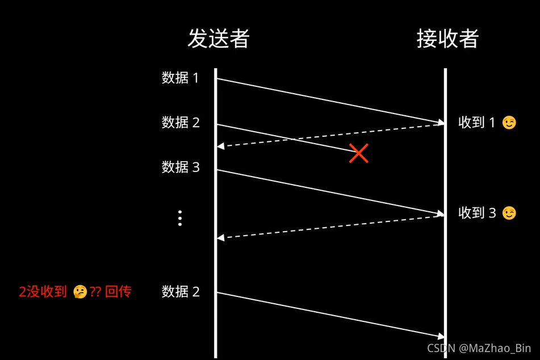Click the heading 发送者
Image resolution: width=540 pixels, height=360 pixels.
218,39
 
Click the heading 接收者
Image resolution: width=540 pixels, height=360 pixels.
447,39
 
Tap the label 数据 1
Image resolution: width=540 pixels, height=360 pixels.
180,78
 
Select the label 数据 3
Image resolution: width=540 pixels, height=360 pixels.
181,167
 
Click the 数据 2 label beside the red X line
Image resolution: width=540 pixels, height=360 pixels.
181,122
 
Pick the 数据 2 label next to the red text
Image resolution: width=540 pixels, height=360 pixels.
181,292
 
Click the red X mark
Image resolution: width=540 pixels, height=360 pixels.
359,153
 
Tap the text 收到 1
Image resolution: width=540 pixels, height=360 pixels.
477,123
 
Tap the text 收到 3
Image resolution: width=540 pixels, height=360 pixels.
477,213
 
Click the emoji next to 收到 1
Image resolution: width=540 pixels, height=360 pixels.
509,123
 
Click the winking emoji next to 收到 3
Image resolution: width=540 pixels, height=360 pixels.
509,213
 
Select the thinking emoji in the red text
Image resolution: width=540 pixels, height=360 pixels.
80,292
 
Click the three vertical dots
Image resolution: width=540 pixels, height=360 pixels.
180,218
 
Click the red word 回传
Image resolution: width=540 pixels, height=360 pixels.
119,292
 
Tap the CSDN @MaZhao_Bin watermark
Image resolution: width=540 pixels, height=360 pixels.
479,348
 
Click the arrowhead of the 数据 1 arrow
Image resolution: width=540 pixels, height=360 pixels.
441,123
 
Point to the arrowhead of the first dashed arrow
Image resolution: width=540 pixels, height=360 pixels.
221,146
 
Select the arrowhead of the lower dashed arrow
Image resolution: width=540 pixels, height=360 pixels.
221,238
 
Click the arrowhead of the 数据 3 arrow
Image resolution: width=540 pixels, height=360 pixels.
441,214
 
